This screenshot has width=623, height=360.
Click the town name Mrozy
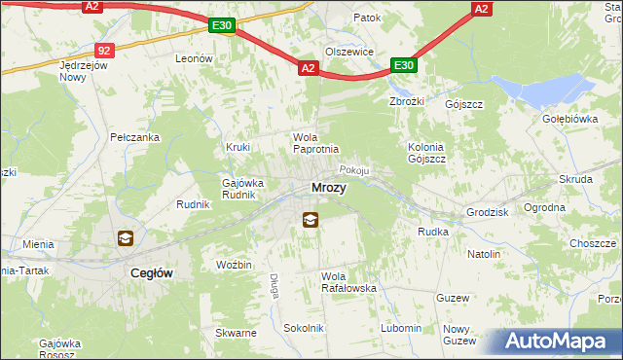point(328,188)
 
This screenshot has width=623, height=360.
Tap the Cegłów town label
point(152,274)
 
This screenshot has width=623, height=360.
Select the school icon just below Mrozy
point(310,220)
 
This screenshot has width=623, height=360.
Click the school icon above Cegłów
point(125,238)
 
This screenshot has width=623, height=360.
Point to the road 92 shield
point(105,50)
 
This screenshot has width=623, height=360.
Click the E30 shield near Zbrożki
point(404,66)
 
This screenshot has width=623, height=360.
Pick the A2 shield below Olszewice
point(308,68)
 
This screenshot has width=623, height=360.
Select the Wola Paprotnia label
point(316,142)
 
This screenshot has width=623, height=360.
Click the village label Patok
point(367,18)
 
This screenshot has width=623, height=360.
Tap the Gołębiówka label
point(569,119)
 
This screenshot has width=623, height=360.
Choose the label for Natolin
point(484,254)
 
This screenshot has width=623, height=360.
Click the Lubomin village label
point(402,328)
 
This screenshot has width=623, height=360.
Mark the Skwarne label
point(238,333)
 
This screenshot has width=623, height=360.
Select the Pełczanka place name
point(134,137)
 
